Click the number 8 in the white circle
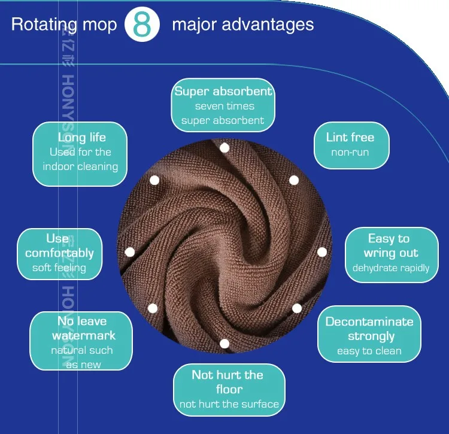(142, 25)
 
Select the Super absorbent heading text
(223, 92)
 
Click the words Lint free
(350, 137)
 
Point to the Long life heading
(81, 138)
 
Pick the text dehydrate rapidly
(391, 268)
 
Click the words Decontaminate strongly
(369, 329)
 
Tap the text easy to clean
(369, 351)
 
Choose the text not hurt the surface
(229, 404)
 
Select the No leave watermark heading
(83, 329)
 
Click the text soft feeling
(59, 268)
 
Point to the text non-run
(350, 153)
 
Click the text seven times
(224, 106)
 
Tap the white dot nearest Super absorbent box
(224, 148)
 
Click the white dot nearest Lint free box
(294, 180)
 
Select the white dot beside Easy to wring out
(322, 252)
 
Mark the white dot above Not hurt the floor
(224, 344)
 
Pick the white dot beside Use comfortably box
(129, 252)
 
